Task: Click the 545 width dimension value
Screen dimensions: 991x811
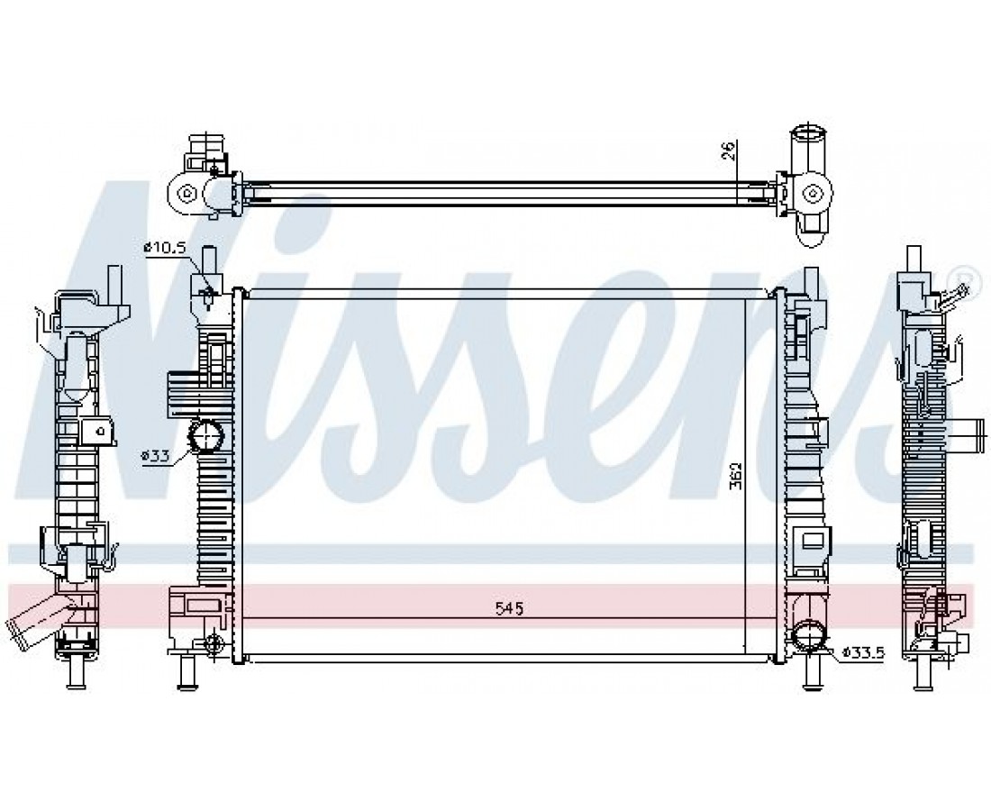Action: (509, 609)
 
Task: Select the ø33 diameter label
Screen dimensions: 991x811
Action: (155, 455)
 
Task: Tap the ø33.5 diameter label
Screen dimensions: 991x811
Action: (863, 652)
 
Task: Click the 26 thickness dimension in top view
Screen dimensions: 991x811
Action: (728, 151)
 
